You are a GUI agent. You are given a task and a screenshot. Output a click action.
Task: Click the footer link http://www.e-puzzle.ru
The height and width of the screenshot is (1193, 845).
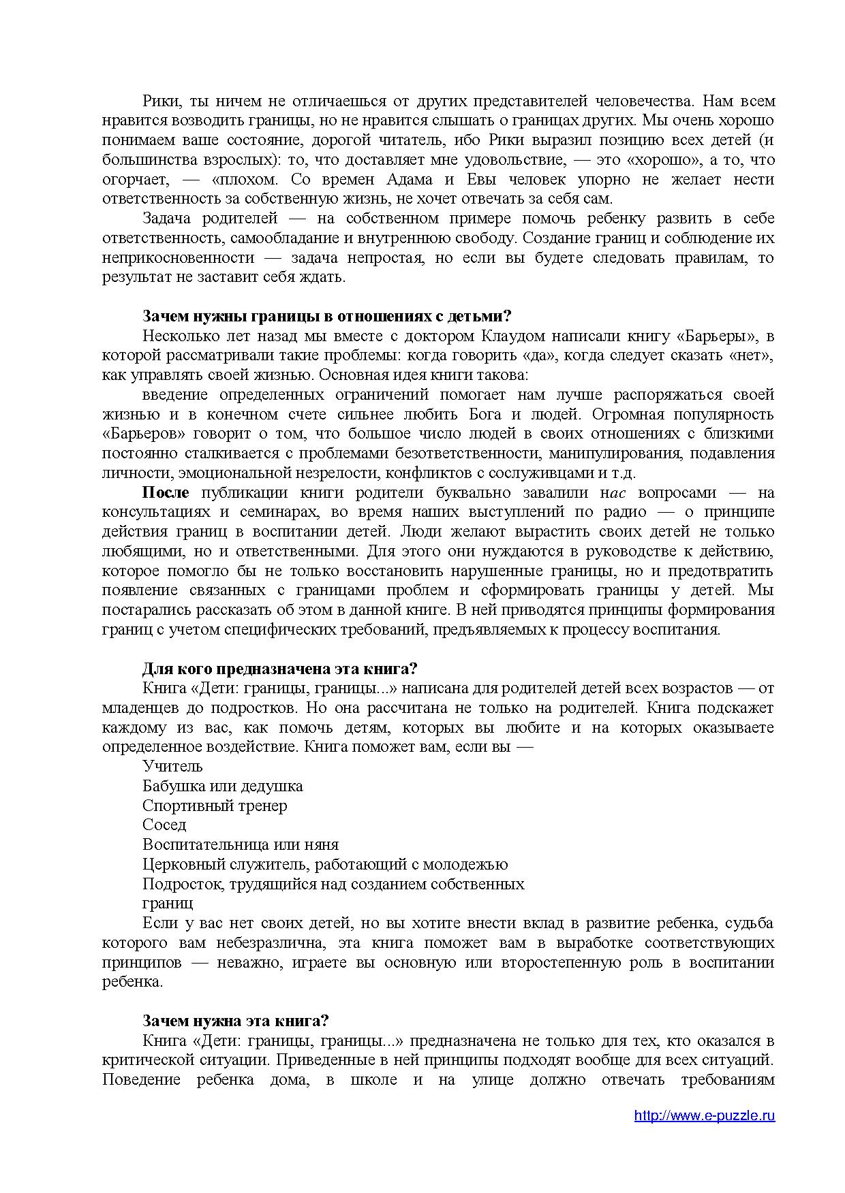coord(704,1116)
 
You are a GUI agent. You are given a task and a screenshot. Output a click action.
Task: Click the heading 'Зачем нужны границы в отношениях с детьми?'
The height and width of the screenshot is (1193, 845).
coord(326,317)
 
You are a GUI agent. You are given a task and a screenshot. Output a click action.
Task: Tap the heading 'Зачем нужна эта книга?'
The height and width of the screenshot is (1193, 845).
coord(236,1021)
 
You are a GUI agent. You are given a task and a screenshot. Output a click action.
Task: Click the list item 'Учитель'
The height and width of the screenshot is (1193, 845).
coord(172,767)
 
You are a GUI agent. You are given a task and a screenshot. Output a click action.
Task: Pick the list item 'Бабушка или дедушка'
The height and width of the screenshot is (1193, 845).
coord(222,786)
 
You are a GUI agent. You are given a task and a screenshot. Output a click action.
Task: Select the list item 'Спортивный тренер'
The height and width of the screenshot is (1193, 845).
coord(215,806)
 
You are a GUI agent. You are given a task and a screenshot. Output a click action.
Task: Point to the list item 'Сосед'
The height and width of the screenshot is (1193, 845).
coord(164,825)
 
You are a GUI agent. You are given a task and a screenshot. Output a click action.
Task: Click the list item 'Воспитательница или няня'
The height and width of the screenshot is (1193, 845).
coord(241,845)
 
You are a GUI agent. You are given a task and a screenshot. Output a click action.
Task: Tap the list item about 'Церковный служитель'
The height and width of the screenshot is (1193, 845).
coord(325,865)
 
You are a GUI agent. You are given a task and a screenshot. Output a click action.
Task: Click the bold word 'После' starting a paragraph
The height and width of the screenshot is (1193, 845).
coord(165,493)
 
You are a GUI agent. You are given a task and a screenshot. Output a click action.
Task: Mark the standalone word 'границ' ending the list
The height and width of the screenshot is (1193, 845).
coord(168,904)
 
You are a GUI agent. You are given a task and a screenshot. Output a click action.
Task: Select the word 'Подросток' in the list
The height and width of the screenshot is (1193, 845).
coord(180,885)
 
